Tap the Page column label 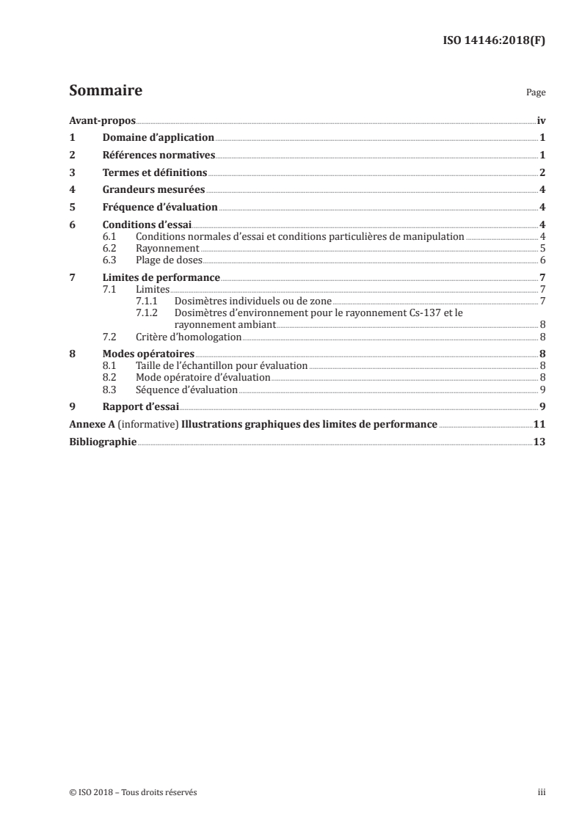536,93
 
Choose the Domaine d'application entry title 158,137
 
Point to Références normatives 159,155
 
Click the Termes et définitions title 155,172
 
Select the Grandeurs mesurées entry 153,189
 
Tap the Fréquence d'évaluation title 160,207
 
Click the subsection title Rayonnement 158,249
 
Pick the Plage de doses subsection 168,260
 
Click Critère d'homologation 189,337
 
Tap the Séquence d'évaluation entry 186,389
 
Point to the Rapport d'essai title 141,406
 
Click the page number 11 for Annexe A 539,424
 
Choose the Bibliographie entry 103,442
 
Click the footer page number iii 542,792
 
